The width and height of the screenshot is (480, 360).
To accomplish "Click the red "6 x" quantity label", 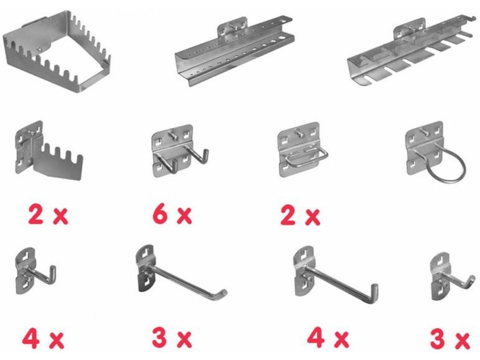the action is [172, 215].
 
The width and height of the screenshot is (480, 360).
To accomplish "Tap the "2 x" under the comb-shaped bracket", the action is [48, 215].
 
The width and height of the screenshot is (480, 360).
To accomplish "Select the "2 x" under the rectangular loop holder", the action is [300, 216].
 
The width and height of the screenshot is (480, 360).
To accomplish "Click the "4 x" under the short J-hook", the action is [43, 339].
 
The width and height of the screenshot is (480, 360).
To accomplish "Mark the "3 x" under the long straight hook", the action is [172, 338].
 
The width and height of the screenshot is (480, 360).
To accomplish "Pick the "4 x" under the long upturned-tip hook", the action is [328, 338].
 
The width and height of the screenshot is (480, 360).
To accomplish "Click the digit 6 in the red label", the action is [160, 215].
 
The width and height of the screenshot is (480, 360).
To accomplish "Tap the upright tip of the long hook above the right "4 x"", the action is [375, 291].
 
